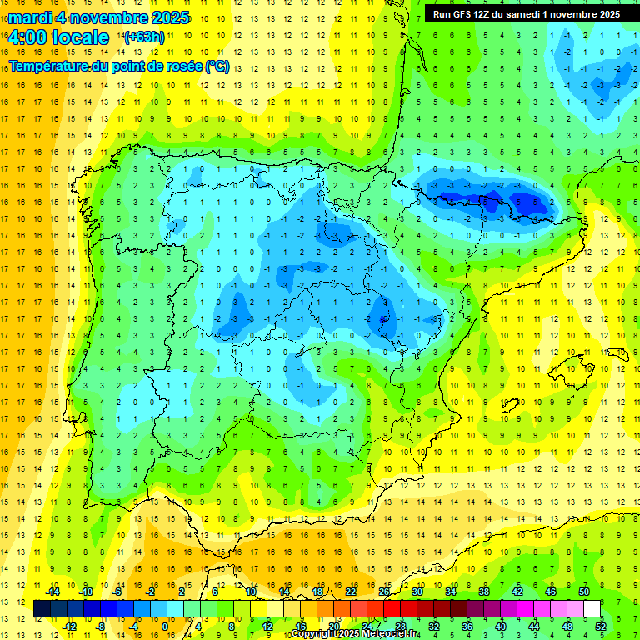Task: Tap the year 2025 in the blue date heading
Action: pos(167,17)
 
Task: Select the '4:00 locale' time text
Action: pos(58,37)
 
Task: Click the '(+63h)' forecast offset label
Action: pos(144,37)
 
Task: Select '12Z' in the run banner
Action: pos(486,14)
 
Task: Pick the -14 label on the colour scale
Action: pos(52,592)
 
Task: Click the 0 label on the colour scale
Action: pos(164,626)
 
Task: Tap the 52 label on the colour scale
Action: pos(601,626)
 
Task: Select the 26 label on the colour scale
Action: pos(384,592)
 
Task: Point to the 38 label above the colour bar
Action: pos(484,592)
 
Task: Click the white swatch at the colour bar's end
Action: pos(592,609)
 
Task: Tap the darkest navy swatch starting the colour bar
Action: pos(42,609)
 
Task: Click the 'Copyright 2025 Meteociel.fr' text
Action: pos(355,634)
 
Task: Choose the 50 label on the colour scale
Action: pos(584,592)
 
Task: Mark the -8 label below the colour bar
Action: pos(101,626)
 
